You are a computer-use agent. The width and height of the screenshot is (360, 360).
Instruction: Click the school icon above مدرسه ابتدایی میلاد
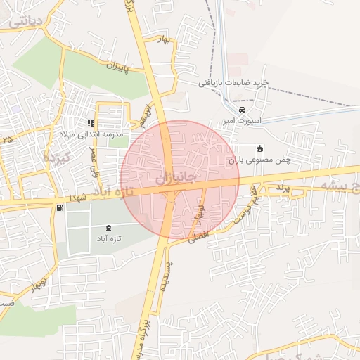click(x=91, y=124)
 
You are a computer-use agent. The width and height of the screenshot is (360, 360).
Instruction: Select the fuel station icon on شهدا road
click(x=60, y=207)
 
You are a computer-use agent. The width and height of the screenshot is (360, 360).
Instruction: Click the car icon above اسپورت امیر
click(x=242, y=110)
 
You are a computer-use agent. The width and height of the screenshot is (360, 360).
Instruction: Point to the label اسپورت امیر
click(x=242, y=120)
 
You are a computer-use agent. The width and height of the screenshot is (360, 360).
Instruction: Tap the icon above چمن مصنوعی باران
click(x=259, y=148)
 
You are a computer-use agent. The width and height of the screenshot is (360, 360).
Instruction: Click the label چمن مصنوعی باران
click(x=259, y=160)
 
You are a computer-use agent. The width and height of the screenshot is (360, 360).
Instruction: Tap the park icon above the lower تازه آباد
click(x=108, y=229)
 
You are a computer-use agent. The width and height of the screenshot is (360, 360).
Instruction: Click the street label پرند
click(x=281, y=188)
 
